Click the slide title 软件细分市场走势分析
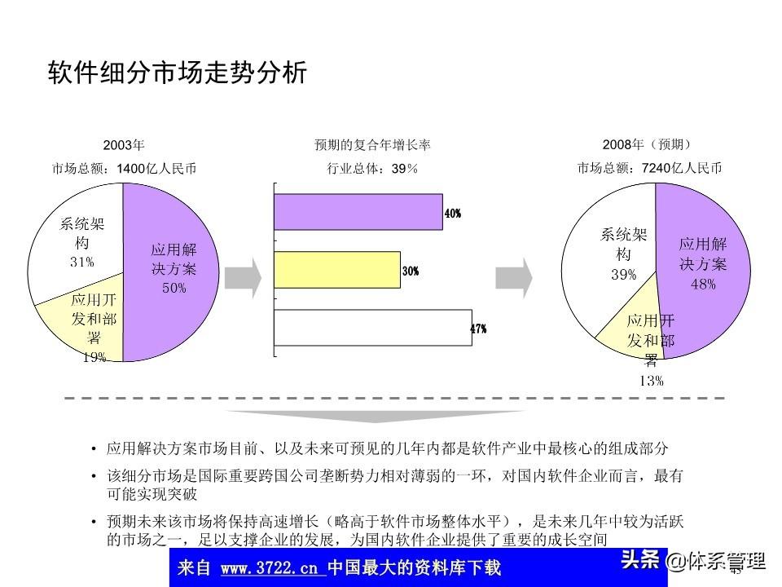point(177,73)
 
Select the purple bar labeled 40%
point(358,211)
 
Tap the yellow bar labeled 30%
point(336,270)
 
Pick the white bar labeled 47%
point(372,328)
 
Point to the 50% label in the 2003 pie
point(174,288)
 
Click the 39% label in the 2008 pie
point(623,276)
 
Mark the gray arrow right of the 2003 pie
point(243,278)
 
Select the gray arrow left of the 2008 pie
point(514,278)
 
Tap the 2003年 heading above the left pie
point(124,145)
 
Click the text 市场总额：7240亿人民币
point(649,169)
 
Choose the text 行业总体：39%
point(372,169)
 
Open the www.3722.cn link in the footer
point(273,567)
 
